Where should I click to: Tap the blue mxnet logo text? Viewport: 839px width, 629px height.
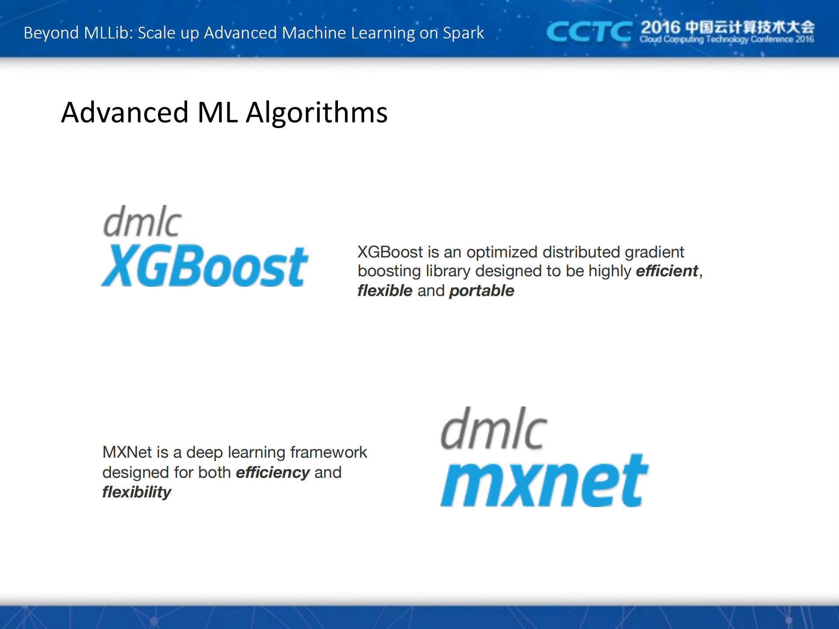point(544,481)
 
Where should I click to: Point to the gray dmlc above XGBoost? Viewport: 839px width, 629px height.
point(142,222)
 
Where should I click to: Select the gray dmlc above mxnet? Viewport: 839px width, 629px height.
point(494,429)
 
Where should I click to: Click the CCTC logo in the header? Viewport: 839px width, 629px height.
point(588,32)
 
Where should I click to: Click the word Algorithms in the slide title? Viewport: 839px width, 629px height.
point(317,113)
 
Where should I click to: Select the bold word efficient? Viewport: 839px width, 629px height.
point(667,271)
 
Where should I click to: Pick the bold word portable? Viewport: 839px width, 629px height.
point(481,291)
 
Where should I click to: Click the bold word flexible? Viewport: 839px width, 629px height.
point(385,291)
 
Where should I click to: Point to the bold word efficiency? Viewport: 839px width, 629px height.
point(273,473)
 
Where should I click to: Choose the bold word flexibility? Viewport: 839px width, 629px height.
point(137,492)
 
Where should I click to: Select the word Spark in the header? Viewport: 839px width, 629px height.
point(463,33)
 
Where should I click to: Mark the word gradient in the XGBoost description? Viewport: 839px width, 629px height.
point(654,252)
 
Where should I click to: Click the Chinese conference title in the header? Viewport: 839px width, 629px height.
point(749,27)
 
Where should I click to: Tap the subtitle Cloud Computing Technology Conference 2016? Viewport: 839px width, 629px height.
point(727,40)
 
